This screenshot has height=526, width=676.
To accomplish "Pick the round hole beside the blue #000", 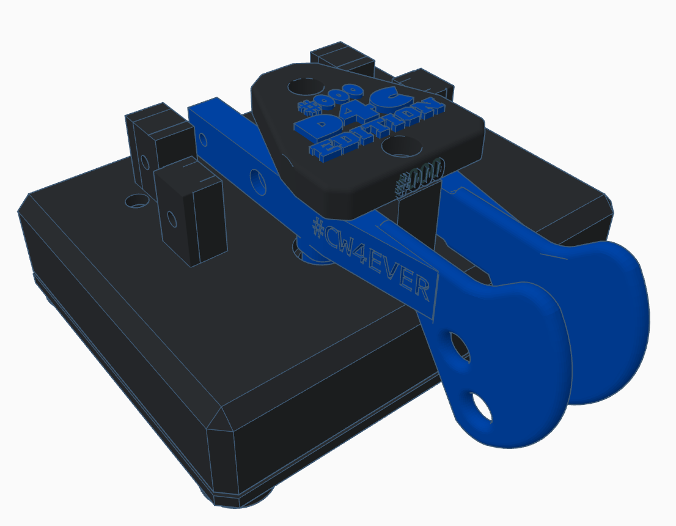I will click(300, 86).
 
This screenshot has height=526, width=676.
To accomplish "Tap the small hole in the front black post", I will click(172, 217).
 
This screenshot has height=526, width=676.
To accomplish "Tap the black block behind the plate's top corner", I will click(342, 58).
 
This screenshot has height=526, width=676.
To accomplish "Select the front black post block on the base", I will click(189, 214).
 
